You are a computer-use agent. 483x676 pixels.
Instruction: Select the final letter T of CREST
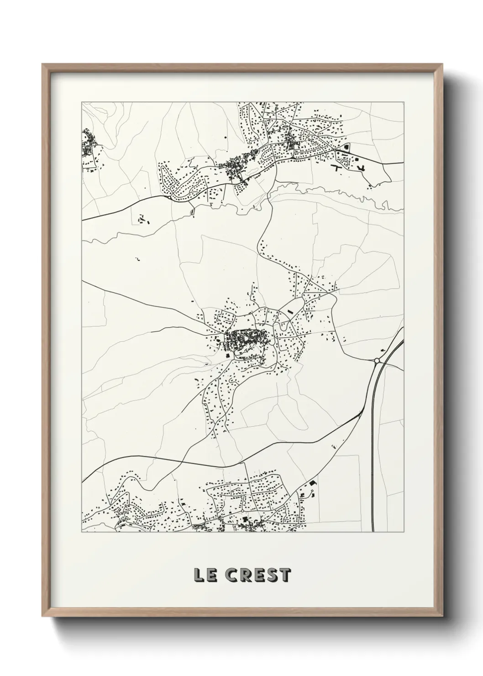point(285,576)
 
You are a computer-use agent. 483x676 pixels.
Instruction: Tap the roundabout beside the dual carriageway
point(377,361)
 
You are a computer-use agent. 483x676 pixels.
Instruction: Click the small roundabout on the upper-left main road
point(170,198)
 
